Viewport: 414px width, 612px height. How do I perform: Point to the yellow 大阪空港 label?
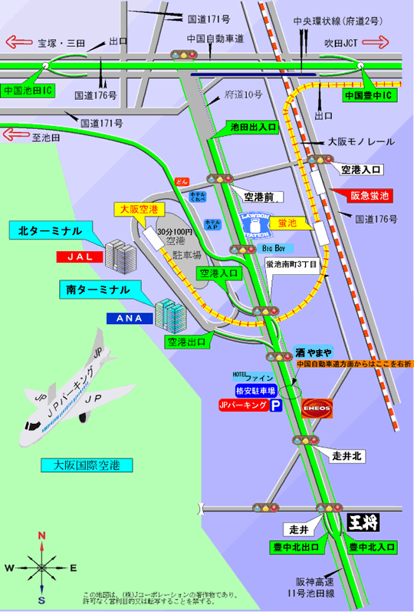coord(137,208)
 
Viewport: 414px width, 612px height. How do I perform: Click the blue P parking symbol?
coord(274,407)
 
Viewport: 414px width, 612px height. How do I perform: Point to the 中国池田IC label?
coord(27,90)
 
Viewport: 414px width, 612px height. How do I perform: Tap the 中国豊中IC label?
coord(366,96)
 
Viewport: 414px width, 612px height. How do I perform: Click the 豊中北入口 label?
coord(371,547)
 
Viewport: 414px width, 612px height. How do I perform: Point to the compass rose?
coord(41,567)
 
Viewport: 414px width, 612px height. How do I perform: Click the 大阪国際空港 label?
coord(87,466)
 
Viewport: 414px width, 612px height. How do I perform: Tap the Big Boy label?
coord(274,249)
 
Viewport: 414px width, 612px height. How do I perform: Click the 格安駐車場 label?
coord(254,391)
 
